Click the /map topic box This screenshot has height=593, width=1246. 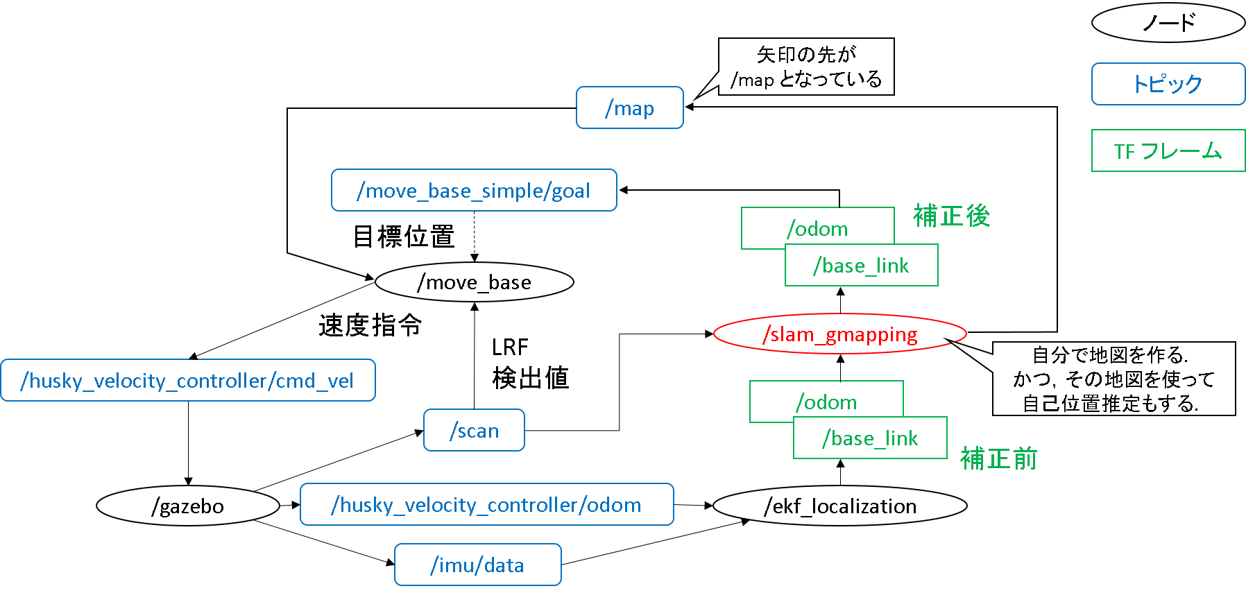coord(629,108)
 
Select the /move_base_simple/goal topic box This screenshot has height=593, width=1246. coord(474,191)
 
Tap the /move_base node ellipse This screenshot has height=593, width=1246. coord(474,282)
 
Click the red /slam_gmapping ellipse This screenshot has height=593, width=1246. coord(839,334)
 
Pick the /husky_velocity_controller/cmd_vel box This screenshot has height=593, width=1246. coord(187,381)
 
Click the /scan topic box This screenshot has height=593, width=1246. coord(474,431)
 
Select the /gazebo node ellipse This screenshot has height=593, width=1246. coord(187,506)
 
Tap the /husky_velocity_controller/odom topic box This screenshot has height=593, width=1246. coord(486,505)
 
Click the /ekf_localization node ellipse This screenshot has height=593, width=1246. coord(839,506)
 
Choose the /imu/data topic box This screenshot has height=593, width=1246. coord(477,565)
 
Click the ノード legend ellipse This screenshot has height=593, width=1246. coord(1168,23)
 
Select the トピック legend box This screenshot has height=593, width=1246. coord(1168,84)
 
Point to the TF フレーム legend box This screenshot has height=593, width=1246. coord(1168,151)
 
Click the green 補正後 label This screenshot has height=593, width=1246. coord(951,216)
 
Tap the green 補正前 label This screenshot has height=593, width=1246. coord(998,458)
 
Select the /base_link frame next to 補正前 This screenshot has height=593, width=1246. coord(870,438)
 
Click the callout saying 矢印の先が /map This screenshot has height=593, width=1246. coord(806,67)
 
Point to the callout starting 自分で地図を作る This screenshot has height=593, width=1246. coord(1113,379)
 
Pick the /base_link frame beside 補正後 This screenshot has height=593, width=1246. coord(861,266)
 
